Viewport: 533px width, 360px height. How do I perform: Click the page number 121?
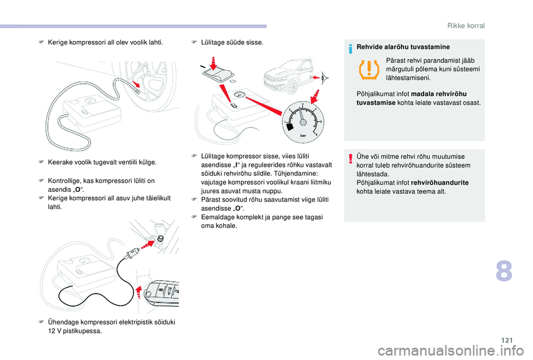click(x=507, y=340)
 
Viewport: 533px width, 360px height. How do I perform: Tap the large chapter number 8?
click(x=504, y=271)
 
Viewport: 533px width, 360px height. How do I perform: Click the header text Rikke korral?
click(x=466, y=26)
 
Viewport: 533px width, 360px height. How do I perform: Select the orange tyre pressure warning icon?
click(x=369, y=70)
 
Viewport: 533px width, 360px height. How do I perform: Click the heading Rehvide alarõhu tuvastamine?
click(x=403, y=47)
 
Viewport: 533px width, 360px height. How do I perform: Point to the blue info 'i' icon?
click(x=350, y=49)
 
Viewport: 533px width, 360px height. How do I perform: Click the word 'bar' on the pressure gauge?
click(x=303, y=135)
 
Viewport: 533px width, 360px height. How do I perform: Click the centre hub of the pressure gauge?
click(x=303, y=122)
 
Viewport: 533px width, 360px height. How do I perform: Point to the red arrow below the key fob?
click(x=139, y=292)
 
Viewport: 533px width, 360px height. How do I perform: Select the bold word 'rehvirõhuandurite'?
click(x=440, y=182)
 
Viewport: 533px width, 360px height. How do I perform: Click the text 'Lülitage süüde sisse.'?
click(x=232, y=43)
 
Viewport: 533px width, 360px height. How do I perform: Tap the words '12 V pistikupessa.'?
click(x=75, y=331)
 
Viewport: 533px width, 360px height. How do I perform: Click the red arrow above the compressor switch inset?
click(x=214, y=63)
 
